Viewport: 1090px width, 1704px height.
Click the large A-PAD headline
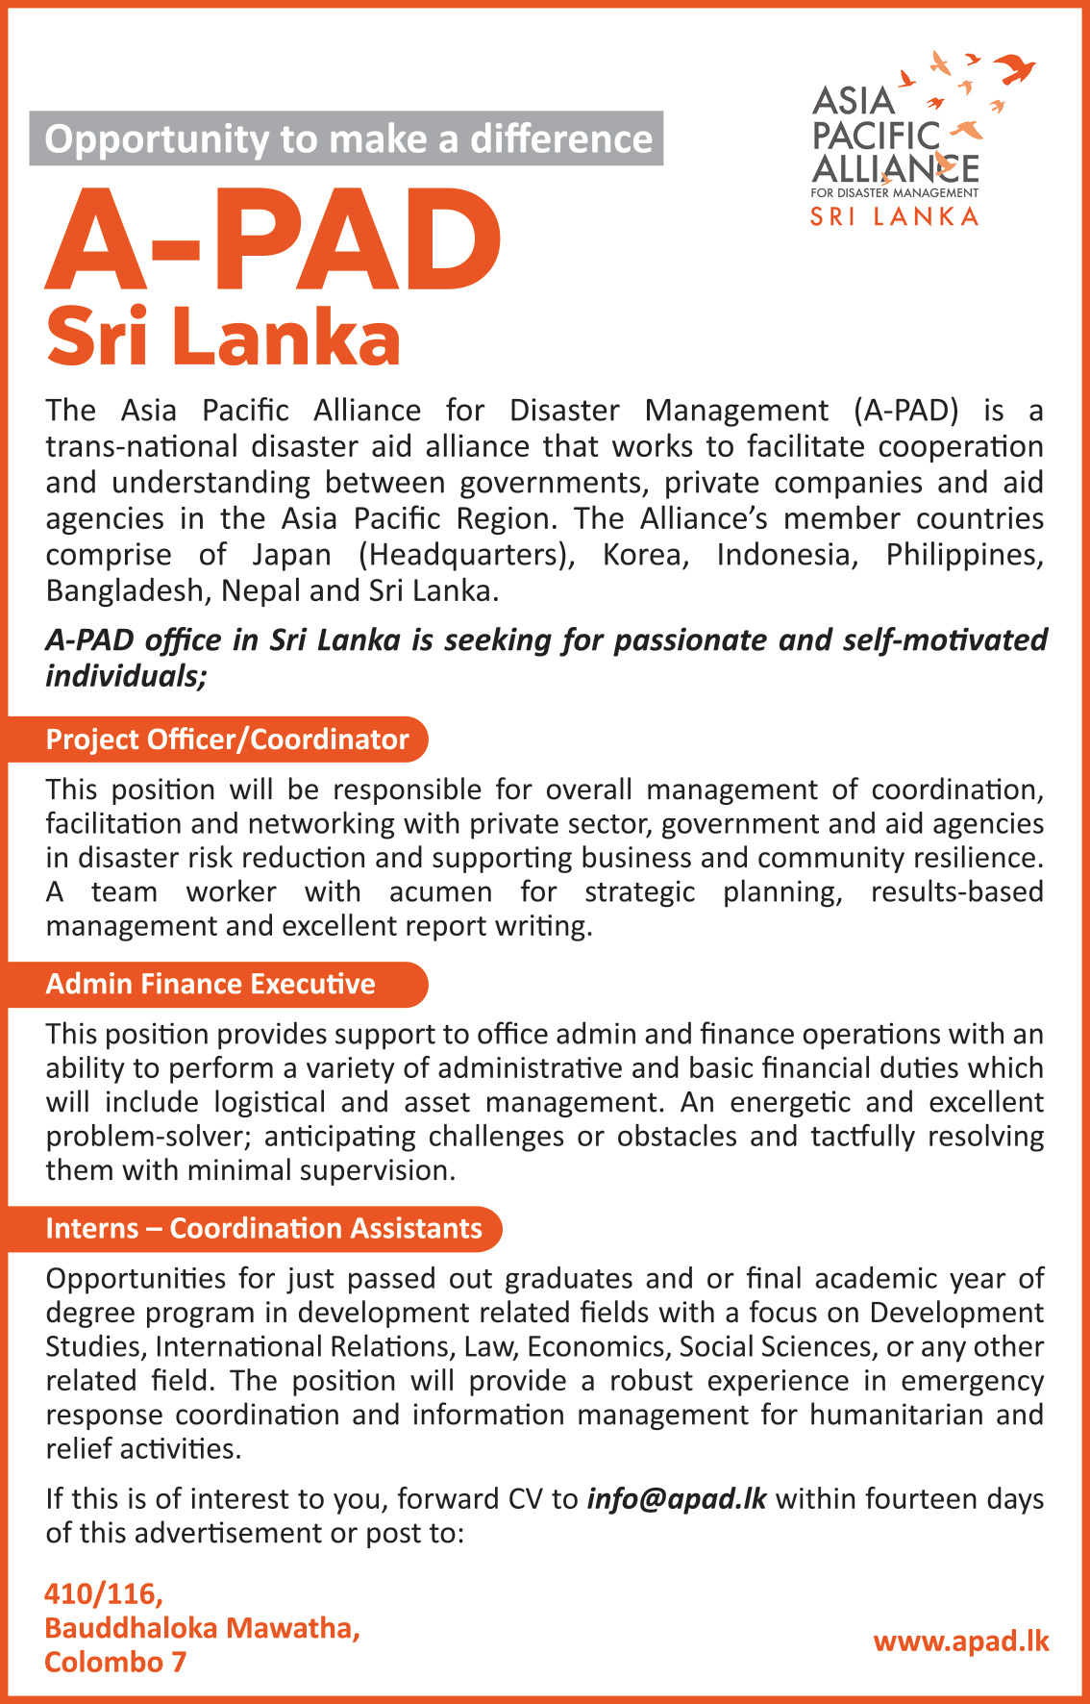(273, 240)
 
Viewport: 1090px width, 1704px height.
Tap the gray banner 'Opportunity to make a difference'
(347, 139)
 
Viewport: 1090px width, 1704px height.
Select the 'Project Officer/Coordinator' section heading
(228, 739)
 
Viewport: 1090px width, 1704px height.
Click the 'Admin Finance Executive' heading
(211, 984)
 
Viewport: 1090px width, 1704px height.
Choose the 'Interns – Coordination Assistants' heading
(263, 1228)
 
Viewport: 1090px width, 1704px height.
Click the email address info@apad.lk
(677, 1498)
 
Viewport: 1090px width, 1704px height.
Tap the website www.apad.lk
(960, 1641)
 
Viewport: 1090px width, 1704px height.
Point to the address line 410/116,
(104, 1593)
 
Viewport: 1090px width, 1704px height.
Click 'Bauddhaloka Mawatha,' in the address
(202, 1627)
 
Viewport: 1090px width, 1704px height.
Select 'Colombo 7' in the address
(115, 1662)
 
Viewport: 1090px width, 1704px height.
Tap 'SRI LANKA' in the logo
(894, 216)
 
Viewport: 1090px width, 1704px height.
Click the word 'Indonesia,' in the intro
(787, 555)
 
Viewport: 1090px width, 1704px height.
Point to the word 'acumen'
(440, 891)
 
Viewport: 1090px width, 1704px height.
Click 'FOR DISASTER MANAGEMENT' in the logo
(894, 193)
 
